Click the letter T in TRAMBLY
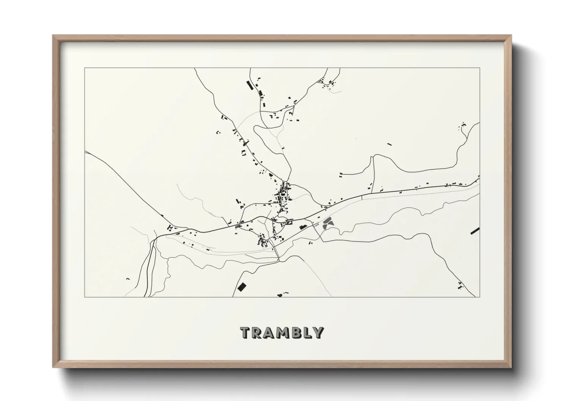click(x=246, y=332)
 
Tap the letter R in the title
click(x=258, y=332)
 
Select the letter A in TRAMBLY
click(x=270, y=332)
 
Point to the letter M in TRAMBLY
click(x=283, y=332)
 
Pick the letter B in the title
click(x=296, y=332)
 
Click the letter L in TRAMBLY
click(x=307, y=332)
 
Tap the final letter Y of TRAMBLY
click(x=318, y=332)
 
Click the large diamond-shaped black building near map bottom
click(x=241, y=287)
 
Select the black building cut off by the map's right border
click(x=475, y=230)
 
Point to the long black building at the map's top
click(x=249, y=85)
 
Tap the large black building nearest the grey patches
click(x=302, y=227)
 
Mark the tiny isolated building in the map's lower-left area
click(x=128, y=279)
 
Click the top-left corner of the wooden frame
click(x=53, y=36)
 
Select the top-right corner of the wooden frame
click(x=511, y=36)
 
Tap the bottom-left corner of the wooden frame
click(x=53, y=367)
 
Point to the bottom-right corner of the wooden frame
click(x=511, y=367)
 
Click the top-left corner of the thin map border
click(x=85, y=68)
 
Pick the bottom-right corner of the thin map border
click(x=480, y=297)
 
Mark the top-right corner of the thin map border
click(x=480, y=68)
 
